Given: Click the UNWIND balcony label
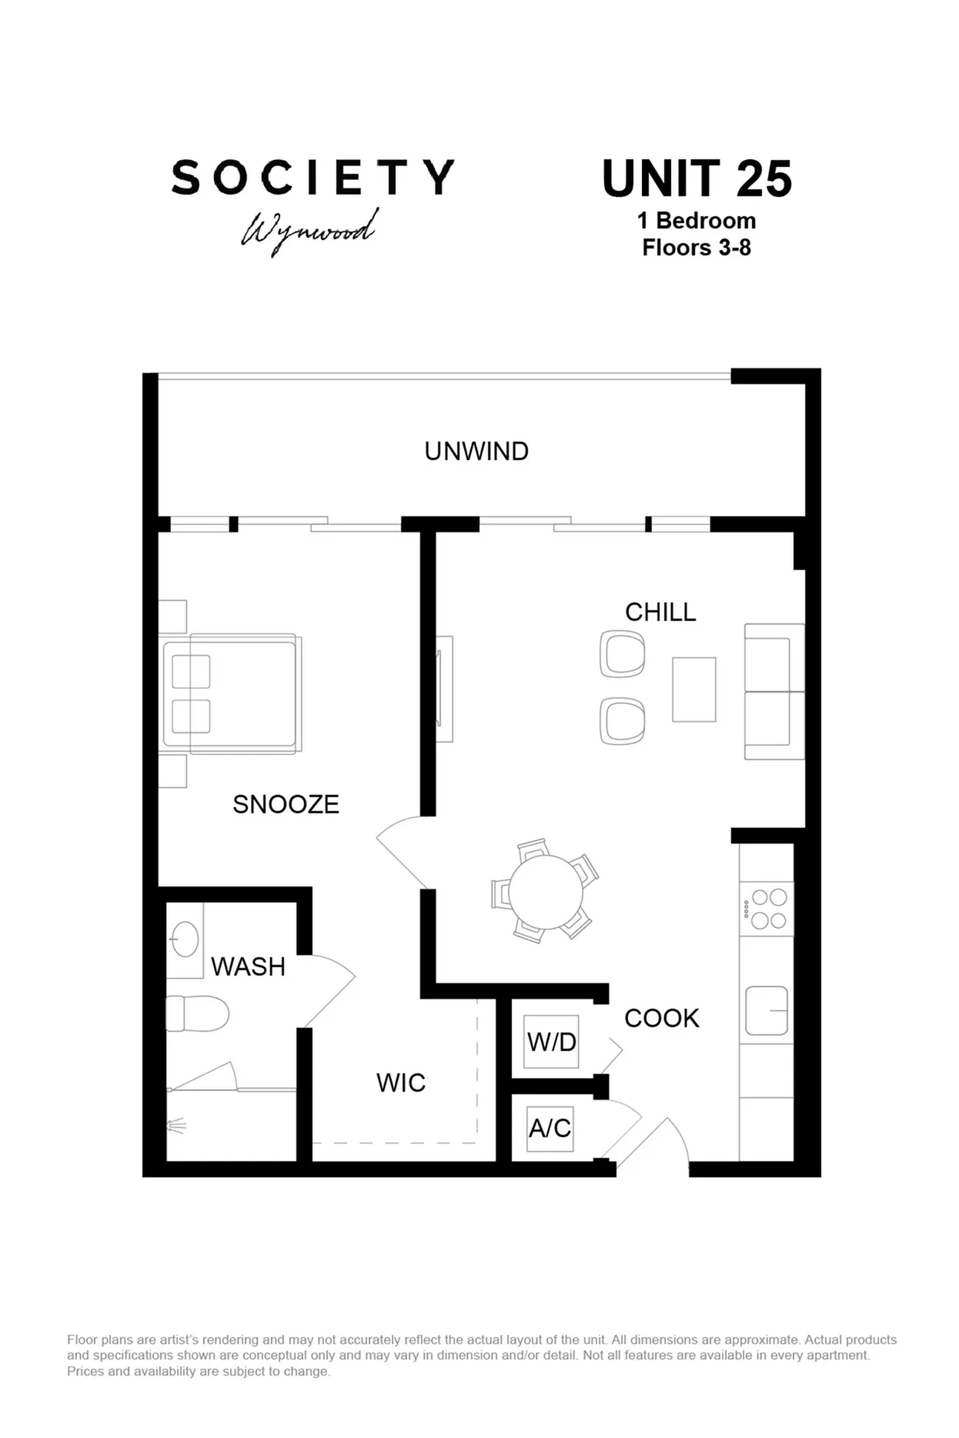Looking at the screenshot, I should point(476,451).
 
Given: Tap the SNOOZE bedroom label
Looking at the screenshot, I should point(286,804).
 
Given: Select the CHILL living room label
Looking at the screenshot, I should point(660,612).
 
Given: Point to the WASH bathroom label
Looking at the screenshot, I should point(248,966).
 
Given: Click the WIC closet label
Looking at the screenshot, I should point(401,1083).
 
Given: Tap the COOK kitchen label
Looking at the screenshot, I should point(661,1018).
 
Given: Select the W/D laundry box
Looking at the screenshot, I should point(551,1042).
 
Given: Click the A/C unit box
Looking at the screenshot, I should point(550,1128).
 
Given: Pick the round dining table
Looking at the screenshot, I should point(546,892).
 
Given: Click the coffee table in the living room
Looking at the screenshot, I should point(693,689).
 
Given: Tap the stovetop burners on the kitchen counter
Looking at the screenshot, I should point(768,909).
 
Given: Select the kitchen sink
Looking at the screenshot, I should point(767,1010).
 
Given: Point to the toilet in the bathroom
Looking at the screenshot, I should point(198,1013).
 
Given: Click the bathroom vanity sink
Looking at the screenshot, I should point(185,939).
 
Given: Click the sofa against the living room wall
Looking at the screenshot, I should point(773,692).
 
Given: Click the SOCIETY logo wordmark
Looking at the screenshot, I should point(312,178).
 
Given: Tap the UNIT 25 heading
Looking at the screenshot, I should point(697,178).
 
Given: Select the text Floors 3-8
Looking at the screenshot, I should point(697,248).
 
